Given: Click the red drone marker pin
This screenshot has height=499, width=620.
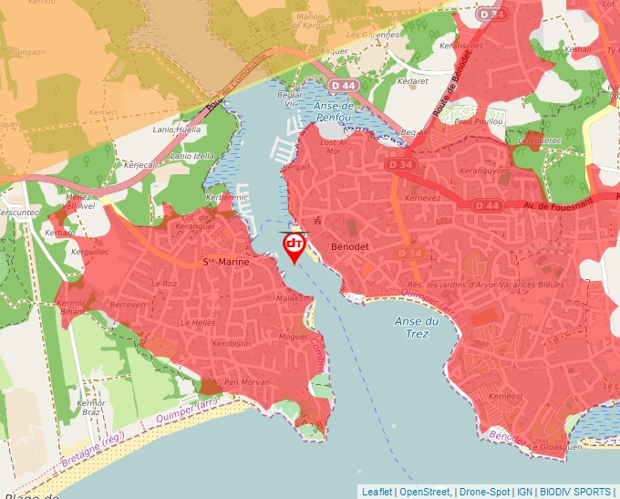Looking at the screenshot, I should tap(294, 246).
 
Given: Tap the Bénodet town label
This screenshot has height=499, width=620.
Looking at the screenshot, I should tap(349, 247).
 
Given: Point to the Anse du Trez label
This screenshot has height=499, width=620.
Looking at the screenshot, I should tap(418, 327).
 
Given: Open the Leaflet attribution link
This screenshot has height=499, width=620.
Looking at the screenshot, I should tap(377, 492).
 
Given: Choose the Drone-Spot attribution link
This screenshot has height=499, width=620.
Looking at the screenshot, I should tap(484, 492).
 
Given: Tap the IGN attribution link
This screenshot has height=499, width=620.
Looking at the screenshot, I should tap(524, 492).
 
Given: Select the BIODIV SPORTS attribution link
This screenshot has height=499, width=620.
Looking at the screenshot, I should tap(574, 492).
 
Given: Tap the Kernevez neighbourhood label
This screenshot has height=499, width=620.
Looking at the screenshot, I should tap(422, 198).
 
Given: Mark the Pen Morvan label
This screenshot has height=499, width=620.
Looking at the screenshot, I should tap(246, 381).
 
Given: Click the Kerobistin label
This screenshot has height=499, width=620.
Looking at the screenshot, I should tap(231, 343).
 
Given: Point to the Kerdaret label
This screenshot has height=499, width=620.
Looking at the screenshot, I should tap(413, 81).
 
